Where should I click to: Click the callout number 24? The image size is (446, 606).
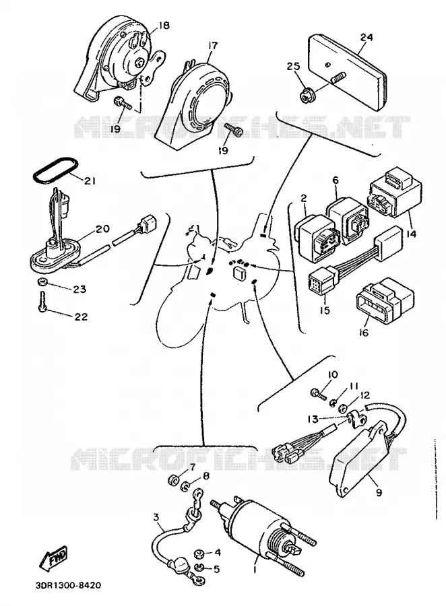tap(367, 37)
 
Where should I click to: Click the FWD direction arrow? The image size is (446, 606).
tap(53, 558)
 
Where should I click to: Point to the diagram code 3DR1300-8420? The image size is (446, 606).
tap(66, 585)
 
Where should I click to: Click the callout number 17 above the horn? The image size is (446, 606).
tap(213, 46)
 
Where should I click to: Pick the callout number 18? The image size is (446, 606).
tap(164, 26)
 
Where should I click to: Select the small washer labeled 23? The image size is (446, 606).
tap(43, 282)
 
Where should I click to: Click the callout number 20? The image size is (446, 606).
tap(103, 228)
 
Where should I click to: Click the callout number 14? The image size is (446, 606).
tap(411, 234)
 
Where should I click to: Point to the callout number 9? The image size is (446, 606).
tap(379, 492)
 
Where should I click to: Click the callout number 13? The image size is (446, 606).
tap(313, 419)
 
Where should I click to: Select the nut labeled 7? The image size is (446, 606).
tap(173, 480)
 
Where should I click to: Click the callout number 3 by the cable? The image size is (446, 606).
tap(156, 517)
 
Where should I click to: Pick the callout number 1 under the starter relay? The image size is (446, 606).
tap(255, 569)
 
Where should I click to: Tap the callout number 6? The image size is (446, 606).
tap(336, 180)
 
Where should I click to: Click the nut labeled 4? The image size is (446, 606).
tap(199, 554)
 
